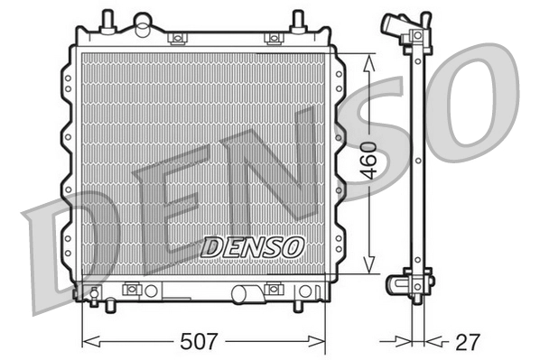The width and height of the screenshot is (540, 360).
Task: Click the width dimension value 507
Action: pyautogui.click(x=200, y=342)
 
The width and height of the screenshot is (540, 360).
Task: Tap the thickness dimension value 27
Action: pyautogui.click(x=468, y=342)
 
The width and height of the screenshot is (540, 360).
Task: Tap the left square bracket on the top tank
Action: pyautogui.click(x=178, y=38)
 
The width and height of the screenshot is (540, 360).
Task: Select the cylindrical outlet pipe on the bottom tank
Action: pyautogui.click(x=245, y=293)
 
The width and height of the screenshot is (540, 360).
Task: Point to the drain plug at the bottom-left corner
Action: pyautogui.click(x=94, y=291)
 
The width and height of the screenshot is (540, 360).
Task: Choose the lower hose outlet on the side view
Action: pyautogui.click(x=398, y=284)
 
